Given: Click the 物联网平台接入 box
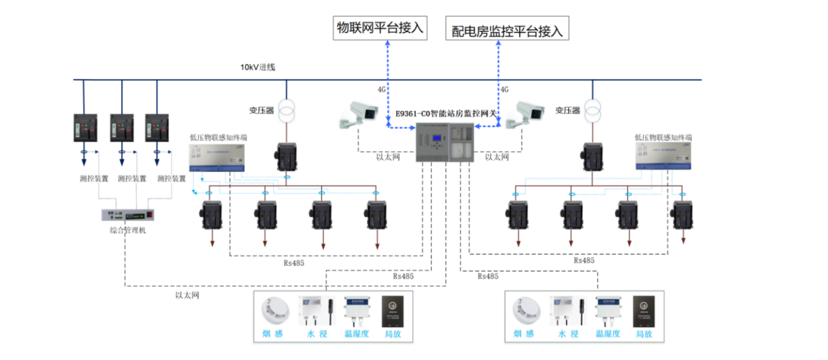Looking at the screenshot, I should pos(380,28).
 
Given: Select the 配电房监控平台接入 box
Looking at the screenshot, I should pos(507,30).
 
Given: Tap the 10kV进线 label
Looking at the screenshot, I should pos(257,67).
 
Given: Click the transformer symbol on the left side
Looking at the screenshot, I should pos(286,110).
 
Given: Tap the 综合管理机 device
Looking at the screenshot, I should pos(128,214).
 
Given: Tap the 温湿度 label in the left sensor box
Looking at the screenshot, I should pos(357,335).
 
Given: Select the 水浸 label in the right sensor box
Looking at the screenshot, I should pos(567,335).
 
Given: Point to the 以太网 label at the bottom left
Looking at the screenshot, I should pos(187,295).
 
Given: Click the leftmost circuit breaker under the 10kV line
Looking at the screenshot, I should pos(86,127).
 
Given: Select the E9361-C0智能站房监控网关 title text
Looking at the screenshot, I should pos(446,113).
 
